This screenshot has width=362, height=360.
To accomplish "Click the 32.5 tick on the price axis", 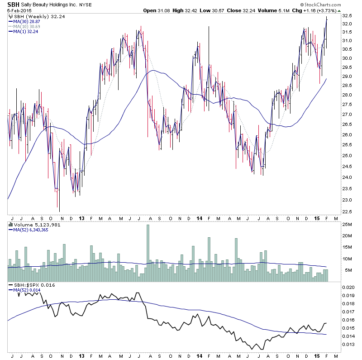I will (348, 15).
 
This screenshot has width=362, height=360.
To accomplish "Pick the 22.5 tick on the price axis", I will (348, 211).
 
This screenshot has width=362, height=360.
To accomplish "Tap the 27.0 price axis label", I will (348, 104).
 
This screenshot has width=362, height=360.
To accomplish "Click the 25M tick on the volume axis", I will (348, 224).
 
